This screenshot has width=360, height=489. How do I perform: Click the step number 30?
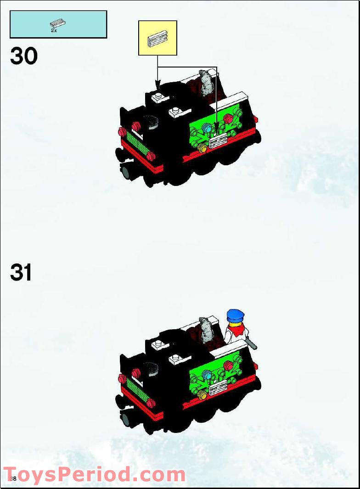point(23,56)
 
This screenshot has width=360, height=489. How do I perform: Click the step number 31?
point(21,272)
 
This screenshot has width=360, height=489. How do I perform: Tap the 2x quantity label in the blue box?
point(54,30)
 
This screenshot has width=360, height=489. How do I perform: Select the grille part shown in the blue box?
point(58,23)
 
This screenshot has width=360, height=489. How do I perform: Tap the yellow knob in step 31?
point(202,394)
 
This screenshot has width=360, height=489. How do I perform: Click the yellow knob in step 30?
point(202,148)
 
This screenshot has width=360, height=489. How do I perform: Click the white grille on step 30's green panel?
point(218,141)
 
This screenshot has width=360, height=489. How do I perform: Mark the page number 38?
point(13,479)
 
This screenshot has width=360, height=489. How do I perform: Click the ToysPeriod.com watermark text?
point(94,474)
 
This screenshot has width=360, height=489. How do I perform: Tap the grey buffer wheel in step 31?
point(126,418)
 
